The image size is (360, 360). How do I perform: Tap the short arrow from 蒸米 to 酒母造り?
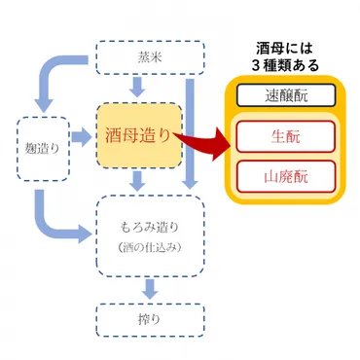[138, 85]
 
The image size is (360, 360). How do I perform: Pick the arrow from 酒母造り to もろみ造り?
[139, 180]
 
